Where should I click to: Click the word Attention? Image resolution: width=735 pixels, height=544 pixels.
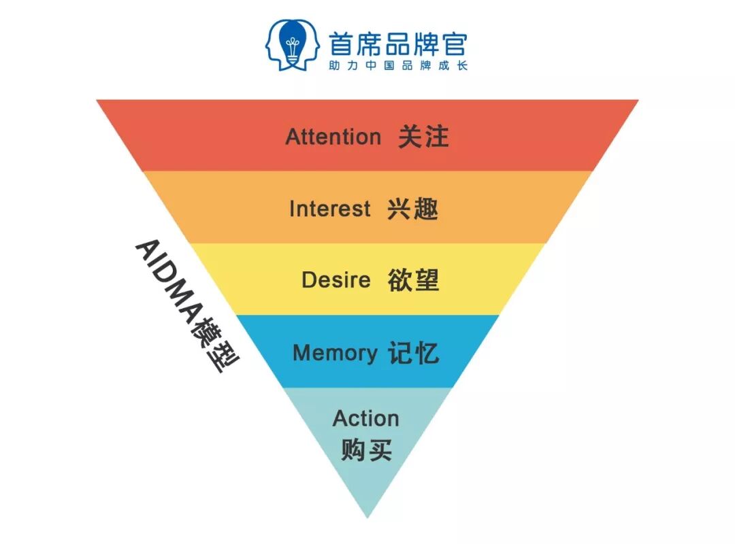pyautogui.click(x=333, y=137)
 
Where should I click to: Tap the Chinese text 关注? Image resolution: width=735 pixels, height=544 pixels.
pyautogui.click(x=423, y=137)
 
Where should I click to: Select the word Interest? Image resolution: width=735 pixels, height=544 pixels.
pyautogui.click(x=330, y=209)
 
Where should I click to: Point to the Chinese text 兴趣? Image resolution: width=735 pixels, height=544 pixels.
pyautogui.click(x=412, y=209)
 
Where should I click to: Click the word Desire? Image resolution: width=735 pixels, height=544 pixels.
pyautogui.click(x=336, y=280)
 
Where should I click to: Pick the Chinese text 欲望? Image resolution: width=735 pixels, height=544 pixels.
pyautogui.click(x=414, y=280)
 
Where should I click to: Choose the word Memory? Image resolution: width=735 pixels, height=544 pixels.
pyautogui.click(x=334, y=353)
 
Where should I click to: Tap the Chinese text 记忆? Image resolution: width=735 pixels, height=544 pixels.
pyautogui.click(x=414, y=353)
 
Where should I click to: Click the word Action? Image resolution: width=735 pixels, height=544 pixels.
pyautogui.click(x=365, y=418)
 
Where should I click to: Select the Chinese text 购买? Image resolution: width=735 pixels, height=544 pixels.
pyautogui.click(x=366, y=450)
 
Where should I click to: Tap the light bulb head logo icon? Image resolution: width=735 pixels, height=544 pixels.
pyautogui.click(x=293, y=45)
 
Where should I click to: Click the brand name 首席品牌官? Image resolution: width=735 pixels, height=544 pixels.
pyautogui.click(x=398, y=44)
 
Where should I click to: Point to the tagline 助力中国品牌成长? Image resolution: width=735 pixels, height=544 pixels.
pyautogui.click(x=398, y=66)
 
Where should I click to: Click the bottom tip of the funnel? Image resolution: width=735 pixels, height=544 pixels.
pyautogui.click(x=367, y=517)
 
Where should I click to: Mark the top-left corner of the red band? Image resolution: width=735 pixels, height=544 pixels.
pyautogui.click(x=97, y=101)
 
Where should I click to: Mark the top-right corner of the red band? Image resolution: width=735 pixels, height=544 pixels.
pyautogui.click(x=638, y=101)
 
